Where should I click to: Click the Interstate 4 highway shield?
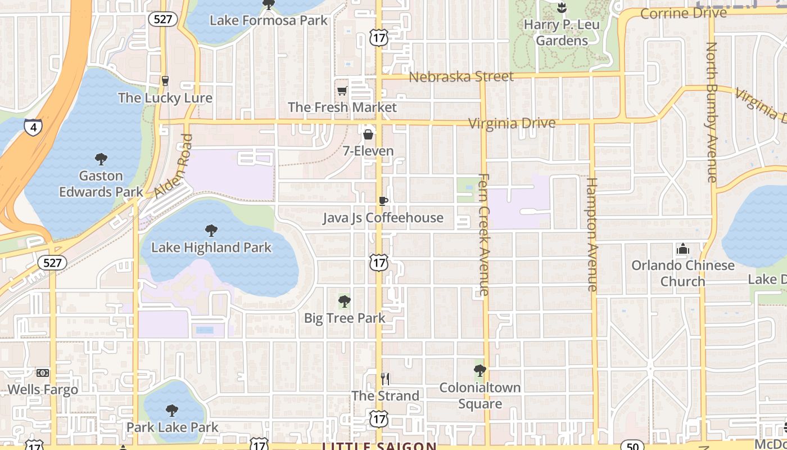[33, 127]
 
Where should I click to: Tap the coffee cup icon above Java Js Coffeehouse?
[383, 201]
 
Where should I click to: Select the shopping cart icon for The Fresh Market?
[342, 91]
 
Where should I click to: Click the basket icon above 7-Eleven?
[368, 134]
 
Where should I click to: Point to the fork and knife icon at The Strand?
[385, 379]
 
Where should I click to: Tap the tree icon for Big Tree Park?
[345, 301]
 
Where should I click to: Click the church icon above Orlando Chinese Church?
[683, 249]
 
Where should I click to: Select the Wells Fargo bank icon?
[43, 373]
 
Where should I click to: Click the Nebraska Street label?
[461, 76]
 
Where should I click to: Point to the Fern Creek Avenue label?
[483, 234]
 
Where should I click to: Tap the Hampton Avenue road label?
[591, 234]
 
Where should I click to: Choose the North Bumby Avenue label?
[712, 112]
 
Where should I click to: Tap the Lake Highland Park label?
[211, 247]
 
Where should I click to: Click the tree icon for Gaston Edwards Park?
[101, 159]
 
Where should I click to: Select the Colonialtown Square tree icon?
[480, 370]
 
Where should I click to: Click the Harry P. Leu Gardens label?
[562, 33]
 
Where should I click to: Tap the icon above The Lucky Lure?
[165, 80]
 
